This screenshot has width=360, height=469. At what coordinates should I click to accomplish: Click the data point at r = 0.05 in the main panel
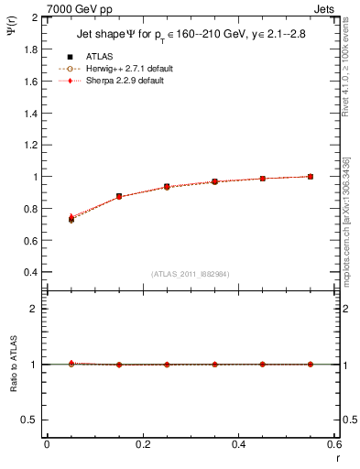[71, 219]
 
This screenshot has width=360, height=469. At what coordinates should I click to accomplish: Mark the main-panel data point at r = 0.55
[311, 177]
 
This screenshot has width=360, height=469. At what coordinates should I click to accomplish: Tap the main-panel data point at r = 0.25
[167, 187]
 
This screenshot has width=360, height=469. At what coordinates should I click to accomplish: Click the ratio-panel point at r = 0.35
[214, 365]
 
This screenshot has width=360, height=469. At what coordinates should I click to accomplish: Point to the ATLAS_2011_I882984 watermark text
[191, 274]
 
